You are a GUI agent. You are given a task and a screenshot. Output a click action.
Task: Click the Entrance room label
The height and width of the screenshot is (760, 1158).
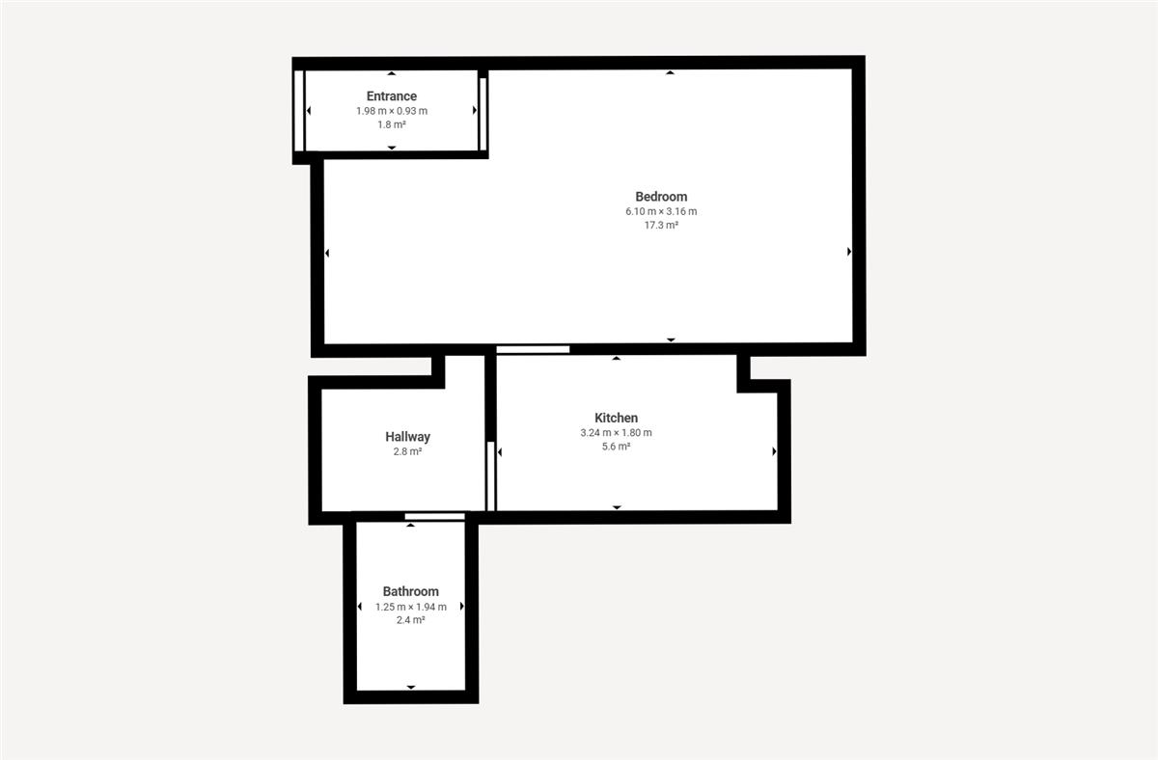pyautogui.click(x=392, y=96)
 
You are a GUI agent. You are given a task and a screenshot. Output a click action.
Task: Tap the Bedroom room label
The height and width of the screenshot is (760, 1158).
pyautogui.click(x=661, y=197)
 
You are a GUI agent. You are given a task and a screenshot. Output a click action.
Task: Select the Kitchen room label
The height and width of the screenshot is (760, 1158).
pyautogui.click(x=617, y=418)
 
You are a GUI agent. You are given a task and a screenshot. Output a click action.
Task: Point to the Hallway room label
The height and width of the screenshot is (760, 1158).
pyautogui.click(x=407, y=437)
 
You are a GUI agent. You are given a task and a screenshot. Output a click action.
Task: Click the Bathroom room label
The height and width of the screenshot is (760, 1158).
pyautogui.click(x=410, y=591)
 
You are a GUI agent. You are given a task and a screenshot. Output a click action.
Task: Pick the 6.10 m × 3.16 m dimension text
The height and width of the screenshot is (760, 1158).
pyautogui.click(x=661, y=211)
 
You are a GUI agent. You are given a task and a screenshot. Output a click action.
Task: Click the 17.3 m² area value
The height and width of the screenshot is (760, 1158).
pyautogui.click(x=661, y=226)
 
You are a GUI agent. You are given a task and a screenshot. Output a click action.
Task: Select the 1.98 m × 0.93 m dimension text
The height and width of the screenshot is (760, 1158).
pyautogui.click(x=392, y=111)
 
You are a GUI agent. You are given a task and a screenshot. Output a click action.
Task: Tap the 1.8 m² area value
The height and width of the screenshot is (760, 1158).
pyautogui.click(x=392, y=124)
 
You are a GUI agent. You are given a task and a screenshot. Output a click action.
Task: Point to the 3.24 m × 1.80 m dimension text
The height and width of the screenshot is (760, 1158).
pyautogui.click(x=617, y=433)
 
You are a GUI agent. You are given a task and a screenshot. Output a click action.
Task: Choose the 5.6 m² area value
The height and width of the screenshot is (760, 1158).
pyautogui.click(x=617, y=447)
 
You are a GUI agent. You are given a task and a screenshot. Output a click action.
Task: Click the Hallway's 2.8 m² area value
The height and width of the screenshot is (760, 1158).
pyautogui.click(x=407, y=451)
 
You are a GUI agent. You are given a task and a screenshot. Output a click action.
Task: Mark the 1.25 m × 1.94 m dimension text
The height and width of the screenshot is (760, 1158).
pyautogui.click(x=410, y=607)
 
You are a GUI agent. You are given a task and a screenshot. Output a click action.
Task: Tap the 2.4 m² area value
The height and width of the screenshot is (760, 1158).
pyautogui.click(x=410, y=620)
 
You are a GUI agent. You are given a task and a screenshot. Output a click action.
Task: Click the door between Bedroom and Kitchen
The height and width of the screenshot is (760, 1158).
pyautogui.click(x=533, y=350)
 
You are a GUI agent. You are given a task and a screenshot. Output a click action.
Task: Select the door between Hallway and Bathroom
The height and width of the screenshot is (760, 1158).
pyautogui.click(x=435, y=517)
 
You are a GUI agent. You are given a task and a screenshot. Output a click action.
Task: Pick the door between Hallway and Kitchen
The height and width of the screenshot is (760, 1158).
pyautogui.click(x=491, y=476)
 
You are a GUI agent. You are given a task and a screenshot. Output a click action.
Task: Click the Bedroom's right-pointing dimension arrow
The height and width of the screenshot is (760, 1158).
pyautogui.click(x=849, y=252)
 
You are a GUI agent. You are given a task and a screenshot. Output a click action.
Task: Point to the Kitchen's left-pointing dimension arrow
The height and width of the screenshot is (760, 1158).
pyautogui.click(x=500, y=452)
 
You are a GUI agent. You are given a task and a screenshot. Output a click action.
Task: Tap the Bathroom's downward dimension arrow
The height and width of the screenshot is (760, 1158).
pyautogui.click(x=411, y=687)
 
